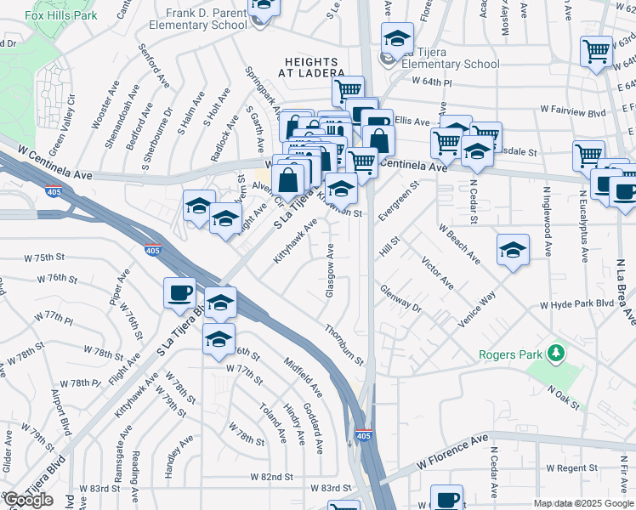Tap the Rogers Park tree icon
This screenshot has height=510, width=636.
click(x=556, y=352)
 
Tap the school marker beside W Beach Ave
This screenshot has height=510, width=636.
click(x=513, y=251)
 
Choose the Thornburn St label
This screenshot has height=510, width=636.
click(x=344, y=344)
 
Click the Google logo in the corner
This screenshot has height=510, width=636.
click(x=27, y=500)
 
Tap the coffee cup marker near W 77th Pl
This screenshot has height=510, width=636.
click(x=179, y=293)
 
